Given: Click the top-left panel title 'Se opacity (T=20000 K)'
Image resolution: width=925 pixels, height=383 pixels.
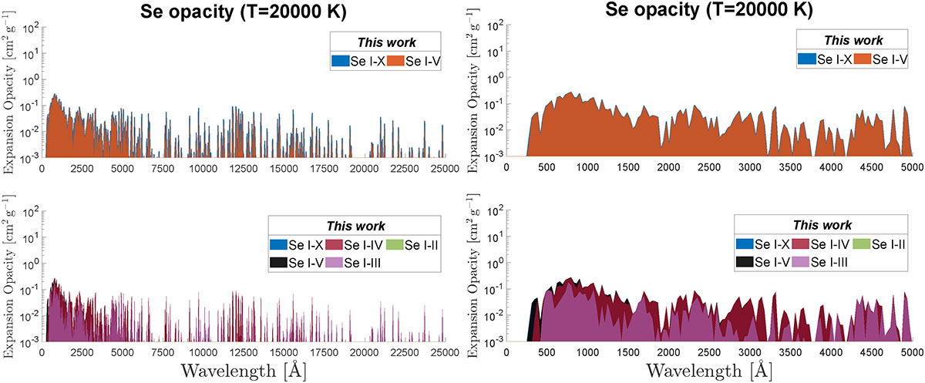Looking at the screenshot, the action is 244,12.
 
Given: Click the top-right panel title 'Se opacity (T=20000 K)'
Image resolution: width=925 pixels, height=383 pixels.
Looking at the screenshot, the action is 708,9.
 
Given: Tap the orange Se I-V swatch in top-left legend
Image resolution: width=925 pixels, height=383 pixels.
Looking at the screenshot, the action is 395,61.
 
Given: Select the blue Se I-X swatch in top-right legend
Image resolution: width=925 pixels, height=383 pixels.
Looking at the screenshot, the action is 807,59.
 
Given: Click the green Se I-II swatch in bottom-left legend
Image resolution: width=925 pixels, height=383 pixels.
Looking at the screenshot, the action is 395,245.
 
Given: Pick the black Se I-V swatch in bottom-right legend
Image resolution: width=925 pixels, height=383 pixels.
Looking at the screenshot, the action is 745,262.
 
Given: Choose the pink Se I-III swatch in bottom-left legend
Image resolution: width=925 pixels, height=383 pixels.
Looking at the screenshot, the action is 334,263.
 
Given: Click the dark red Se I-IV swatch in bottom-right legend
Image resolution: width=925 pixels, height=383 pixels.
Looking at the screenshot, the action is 801,244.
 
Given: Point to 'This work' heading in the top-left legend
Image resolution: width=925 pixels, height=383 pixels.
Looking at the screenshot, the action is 386,42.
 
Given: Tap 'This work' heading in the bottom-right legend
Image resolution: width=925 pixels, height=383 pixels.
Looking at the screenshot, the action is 822,225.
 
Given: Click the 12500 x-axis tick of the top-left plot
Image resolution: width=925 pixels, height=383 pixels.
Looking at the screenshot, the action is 244,169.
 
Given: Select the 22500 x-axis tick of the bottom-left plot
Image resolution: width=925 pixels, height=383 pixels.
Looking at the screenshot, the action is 404,352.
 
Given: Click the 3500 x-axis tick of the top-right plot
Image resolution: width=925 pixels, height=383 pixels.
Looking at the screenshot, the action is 790,167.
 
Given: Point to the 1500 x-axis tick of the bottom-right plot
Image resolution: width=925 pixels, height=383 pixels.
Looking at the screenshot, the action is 627,352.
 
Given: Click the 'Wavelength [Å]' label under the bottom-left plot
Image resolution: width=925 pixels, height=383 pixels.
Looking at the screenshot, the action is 244,370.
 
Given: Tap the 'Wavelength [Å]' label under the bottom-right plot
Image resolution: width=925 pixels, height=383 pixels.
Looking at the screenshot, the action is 708,370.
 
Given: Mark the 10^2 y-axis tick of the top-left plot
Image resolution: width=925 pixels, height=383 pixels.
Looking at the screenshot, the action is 31,29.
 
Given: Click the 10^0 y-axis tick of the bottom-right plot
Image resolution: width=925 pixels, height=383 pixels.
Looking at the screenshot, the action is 496,264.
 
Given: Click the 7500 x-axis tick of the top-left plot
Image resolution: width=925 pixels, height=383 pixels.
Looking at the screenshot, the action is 163,169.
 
